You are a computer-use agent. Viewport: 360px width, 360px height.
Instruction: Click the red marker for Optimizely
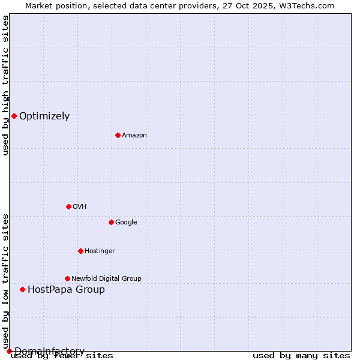pyautogui.click(x=14, y=116)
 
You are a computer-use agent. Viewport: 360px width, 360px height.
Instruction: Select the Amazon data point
pyautogui.click(x=118, y=135)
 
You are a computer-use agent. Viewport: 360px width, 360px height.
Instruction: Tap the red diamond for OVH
pyautogui.click(x=68, y=206)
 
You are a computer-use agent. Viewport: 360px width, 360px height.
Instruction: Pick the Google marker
pyautogui.click(x=111, y=222)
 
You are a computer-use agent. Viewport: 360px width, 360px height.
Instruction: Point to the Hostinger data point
pyautogui.click(x=80, y=251)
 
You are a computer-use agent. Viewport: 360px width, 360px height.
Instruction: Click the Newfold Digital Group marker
pyautogui.click(x=67, y=278)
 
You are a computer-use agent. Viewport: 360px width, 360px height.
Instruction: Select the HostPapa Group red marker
pyautogui.click(x=22, y=289)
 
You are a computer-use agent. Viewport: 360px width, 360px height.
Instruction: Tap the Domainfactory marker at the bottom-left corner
pyautogui.click(x=9, y=351)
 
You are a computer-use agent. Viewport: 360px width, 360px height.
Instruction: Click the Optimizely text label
pyautogui.click(x=44, y=116)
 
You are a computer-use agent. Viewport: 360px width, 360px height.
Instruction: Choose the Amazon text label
pyautogui.click(x=134, y=136)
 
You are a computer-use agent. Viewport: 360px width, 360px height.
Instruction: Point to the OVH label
pyautogui.click(x=79, y=207)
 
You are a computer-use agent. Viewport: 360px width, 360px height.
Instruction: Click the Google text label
pyautogui.click(x=126, y=223)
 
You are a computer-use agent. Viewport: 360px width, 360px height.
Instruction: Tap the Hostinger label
pyautogui.click(x=100, y=251)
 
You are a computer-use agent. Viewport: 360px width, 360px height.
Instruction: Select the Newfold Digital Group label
pyautogui.click(x=106, y=279)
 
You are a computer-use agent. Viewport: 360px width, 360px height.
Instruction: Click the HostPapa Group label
pyautogui.click(x=66, y=290)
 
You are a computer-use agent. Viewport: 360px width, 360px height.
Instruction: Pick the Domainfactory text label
pyautogui.click(x=49, y=351)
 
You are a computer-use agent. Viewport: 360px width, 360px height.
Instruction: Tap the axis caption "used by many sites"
pyautogui.click(x=301, y=356)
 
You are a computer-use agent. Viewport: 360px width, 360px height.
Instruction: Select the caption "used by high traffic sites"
pyautogui.click(x=5, y=85)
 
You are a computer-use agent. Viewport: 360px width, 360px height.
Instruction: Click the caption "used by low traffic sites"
pyautogui.click(x=5, y=281)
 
